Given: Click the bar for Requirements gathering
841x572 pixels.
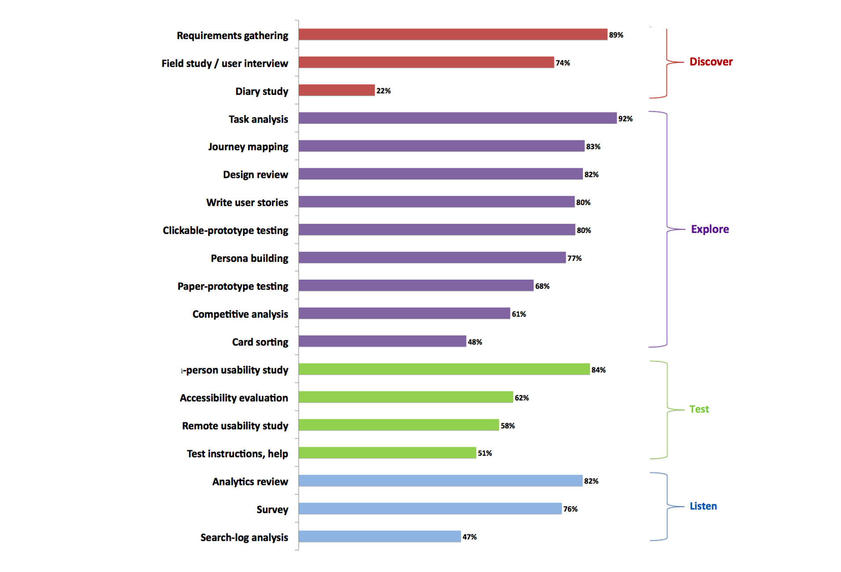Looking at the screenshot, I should [x=453, y=35].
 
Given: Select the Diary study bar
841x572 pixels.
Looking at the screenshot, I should [x=336, y=91].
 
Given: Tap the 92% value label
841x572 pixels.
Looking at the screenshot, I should [x=625, y=119].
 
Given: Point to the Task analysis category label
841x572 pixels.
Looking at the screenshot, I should [x=258, y=119].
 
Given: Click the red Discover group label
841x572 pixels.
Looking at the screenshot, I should [x=711, y=62].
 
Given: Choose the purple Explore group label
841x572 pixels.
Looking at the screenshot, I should [x=709, y=229].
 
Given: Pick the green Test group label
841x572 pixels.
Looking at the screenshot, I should [x=699, y=409].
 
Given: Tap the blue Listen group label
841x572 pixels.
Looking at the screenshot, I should [x=703, y=506].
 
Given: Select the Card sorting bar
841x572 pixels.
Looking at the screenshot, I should [x=382, y=341].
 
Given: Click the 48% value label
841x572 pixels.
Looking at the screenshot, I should [x=475, y=342].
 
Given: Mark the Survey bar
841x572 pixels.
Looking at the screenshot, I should [x=430, y=509].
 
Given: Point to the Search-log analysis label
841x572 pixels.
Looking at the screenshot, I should [x=244, y=537].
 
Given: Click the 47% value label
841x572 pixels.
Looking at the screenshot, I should [x=469, y=537].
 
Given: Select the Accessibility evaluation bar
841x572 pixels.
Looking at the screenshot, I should [x=406, y=397].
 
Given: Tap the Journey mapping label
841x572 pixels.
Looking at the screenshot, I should [x=248, y=147].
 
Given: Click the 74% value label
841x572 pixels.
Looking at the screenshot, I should [x=562, y=63].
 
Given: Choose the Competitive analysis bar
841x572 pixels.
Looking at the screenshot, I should [x=404, y=314].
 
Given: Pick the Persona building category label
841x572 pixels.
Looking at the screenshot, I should [x=249, y=258].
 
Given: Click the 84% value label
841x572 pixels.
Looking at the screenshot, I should [x=598, y=370].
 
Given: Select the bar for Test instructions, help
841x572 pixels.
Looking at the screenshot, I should [x=387, y=453].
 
